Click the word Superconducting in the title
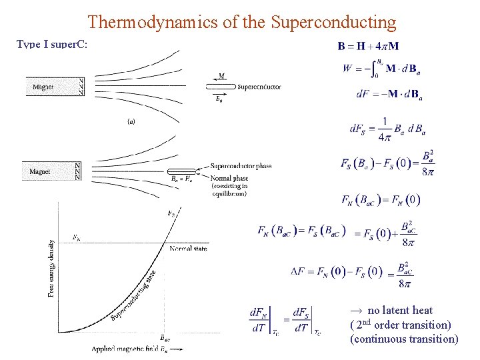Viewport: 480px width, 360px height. [333, 22]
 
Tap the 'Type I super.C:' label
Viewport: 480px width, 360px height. [53, 45]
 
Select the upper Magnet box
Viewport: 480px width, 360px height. [55, 87]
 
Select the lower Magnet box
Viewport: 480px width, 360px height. [51, 171]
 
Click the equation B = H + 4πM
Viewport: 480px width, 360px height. [368, 47]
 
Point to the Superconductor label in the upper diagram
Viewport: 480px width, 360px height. [259, 87]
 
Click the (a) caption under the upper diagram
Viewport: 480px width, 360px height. [132, 121]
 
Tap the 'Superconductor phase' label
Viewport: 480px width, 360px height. [241, 166]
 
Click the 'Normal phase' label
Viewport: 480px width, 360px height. [229, 178]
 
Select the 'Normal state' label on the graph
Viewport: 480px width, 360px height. [188, 249]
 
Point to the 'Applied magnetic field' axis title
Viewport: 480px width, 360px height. [131, 349]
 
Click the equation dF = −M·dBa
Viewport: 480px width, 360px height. [390, 95]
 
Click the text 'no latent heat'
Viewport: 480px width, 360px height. [399, 310]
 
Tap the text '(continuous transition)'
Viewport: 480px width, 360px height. [405, 339]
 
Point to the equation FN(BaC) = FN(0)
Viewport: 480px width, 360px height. [381, 199]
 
